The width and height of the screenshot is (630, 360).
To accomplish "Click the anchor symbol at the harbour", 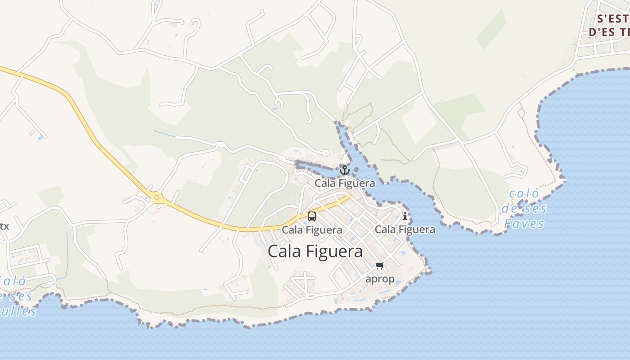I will pos(344,170).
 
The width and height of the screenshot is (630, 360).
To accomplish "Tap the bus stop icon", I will pos(312,216).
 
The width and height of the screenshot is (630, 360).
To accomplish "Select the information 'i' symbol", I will pos(405,216).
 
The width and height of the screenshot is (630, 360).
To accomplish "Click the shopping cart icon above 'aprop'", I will pos(379,266).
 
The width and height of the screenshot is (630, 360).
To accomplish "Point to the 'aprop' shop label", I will pos(380,279).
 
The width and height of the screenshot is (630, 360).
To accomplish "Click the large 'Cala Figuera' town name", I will pos(315,251).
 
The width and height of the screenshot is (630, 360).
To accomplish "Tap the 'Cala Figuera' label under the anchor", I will pos(345,183).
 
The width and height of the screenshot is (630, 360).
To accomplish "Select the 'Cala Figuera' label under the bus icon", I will pos(312,230).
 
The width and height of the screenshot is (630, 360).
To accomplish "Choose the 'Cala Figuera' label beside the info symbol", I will pos(405,229).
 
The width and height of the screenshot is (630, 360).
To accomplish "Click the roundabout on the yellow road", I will pos(157,197).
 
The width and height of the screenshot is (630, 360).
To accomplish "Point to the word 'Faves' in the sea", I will pos(524,224).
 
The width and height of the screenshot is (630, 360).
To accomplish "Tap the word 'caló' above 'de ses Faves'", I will pos(524,194).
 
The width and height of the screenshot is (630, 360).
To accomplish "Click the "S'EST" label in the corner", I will pos(612,19).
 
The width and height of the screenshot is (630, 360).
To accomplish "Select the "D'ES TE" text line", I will pos(609,32).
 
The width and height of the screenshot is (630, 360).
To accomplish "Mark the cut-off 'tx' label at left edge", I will pos(4,226).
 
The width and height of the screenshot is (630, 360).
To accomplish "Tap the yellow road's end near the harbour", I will pos(349,196).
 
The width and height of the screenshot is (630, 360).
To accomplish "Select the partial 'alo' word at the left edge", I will pos(13,282).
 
